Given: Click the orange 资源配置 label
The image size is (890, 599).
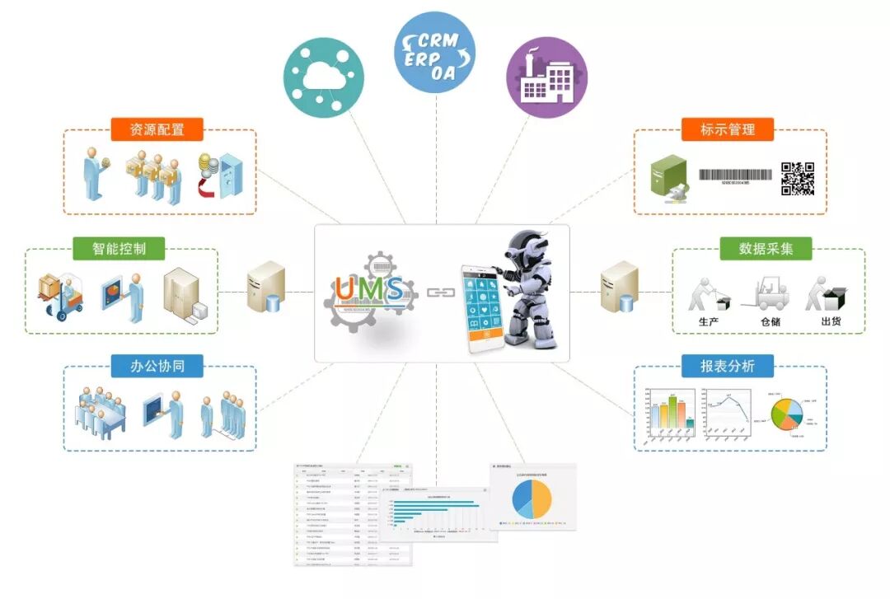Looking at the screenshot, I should click(x=157, y=129).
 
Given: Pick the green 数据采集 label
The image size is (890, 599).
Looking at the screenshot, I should click(x=766, y=248).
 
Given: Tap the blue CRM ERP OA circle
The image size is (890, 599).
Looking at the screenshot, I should click(x=434, y=51).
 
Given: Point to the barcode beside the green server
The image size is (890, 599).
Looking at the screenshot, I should click(x=736, y=175).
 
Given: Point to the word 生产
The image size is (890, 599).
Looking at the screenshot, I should click(x=708, y=321).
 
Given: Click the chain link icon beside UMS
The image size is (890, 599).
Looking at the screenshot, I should click(x=438, y=292).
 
